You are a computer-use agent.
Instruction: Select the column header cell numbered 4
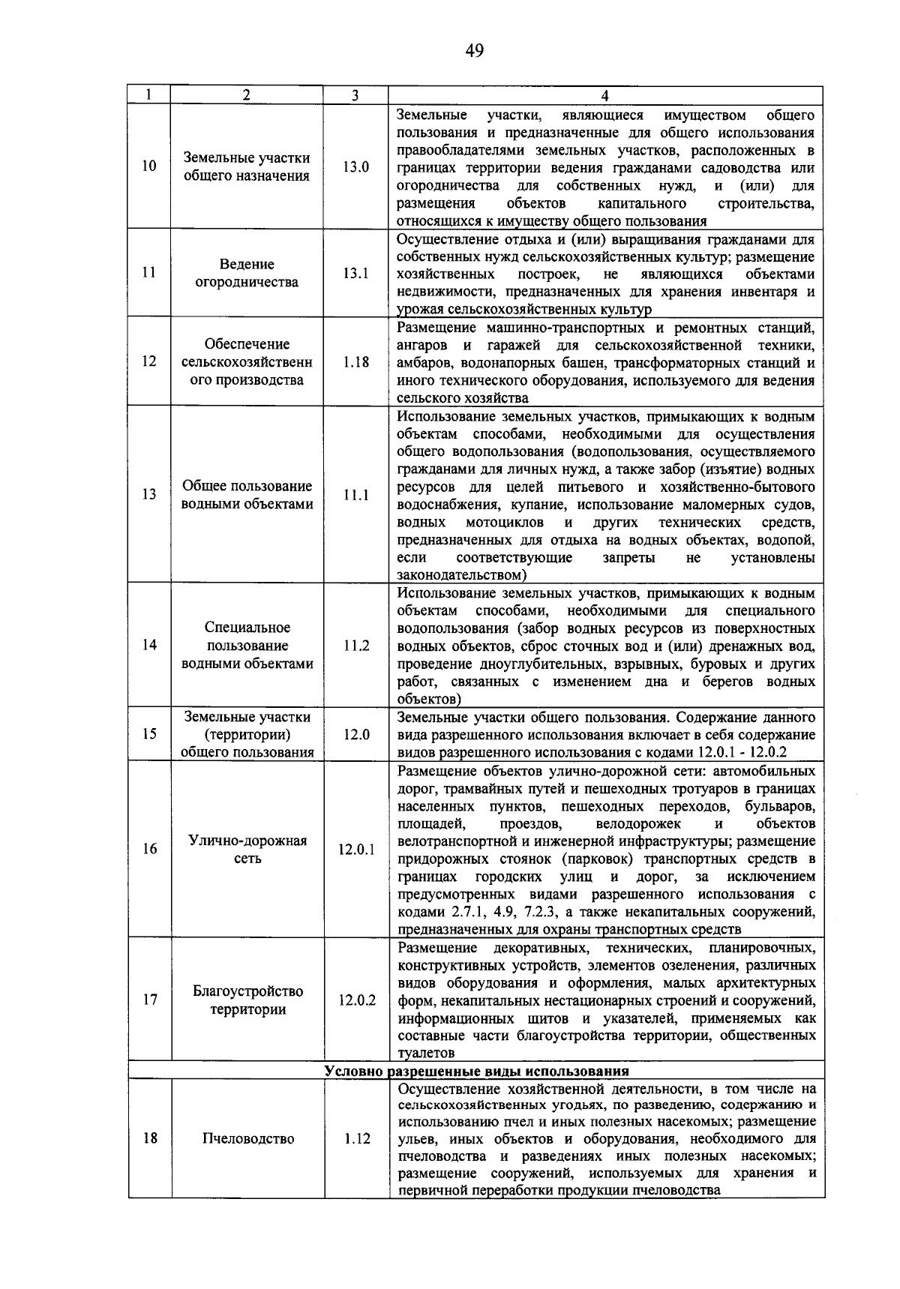click(x=605, y=95)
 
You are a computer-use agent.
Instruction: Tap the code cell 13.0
click(x=356, y=167)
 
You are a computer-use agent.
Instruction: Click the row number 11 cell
click(x=149, y=273)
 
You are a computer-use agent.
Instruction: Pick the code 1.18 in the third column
click(x=356, y=361)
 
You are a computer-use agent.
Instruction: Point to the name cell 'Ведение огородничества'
click(x=247, y=274)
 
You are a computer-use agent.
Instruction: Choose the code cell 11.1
click(x=356, y=495)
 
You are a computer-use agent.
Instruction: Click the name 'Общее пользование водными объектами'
click(x=247, y=495)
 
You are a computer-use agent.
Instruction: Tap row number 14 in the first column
click(x=149, y=645)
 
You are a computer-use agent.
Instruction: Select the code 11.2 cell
click(x=356, y=645)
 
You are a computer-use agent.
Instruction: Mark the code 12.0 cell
click(x=356, y=735)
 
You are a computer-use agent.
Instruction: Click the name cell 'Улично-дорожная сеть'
click(x=247, y=850)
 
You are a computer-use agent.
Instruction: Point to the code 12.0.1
click(x=356, y=850)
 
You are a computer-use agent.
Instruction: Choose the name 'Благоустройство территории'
click(x=247, y=1000)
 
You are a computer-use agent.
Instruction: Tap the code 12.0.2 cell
click(x=356, y=1000)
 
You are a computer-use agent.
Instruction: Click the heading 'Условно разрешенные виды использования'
click(x=476, y=1071)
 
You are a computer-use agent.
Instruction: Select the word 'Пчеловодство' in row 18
click(x=247, y=1139)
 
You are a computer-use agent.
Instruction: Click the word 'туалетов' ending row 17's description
click(x=426, y=1054)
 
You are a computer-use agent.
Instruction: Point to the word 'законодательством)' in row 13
click(x=462, y=575)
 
